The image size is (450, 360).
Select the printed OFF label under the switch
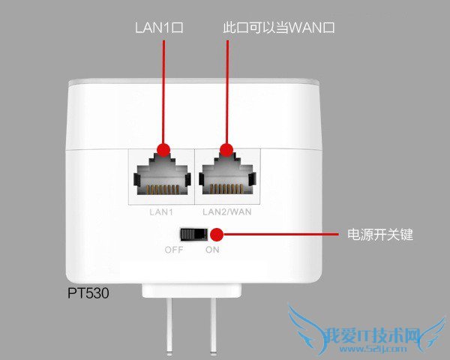click(174, 250)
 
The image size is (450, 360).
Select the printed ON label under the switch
click(212, 250)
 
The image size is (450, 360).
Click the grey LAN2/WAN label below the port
click(228, 213)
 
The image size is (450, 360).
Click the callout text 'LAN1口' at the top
click(159, 28)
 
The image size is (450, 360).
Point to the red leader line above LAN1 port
click(163, 90)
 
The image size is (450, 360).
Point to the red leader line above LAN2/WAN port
click(227, 90)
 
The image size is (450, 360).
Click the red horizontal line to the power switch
click(285, 235)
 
